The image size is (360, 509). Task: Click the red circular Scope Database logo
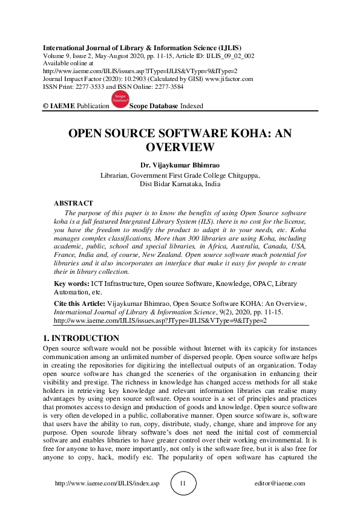pos(120,101)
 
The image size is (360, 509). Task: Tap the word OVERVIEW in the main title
pos(180,148)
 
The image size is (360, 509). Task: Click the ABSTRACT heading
pos(73,204)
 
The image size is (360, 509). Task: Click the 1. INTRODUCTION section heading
pos(82,338)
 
